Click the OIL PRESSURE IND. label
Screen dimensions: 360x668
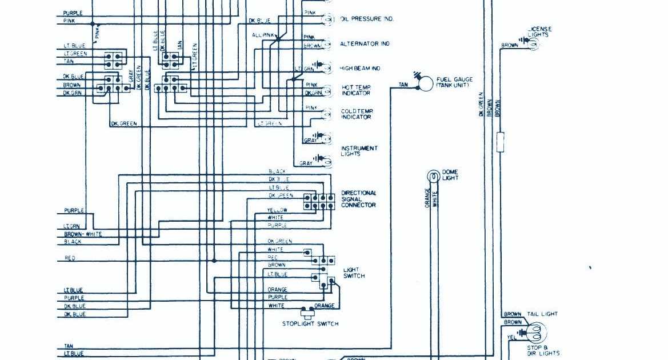point(367,19)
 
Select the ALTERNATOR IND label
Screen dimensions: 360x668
point(365,44)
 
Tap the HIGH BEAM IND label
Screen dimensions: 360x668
point(360,69)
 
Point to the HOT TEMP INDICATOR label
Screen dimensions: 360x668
point(356,90)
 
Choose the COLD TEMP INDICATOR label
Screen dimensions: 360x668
point(357,114)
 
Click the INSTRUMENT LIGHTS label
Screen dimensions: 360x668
point(359,151)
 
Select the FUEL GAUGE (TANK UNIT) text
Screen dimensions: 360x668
point(455,82)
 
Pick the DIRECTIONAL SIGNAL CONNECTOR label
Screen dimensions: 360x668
point(359,199)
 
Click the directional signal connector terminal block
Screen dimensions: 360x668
point(319,202)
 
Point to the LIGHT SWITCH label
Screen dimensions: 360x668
point(354,273)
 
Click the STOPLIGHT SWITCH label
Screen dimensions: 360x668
point(310,324)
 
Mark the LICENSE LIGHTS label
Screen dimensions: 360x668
point(539,32)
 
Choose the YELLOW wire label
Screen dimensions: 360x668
point(277,210)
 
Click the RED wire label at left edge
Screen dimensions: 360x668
point(70,258)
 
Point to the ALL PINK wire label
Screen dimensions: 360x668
point(263,35)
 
